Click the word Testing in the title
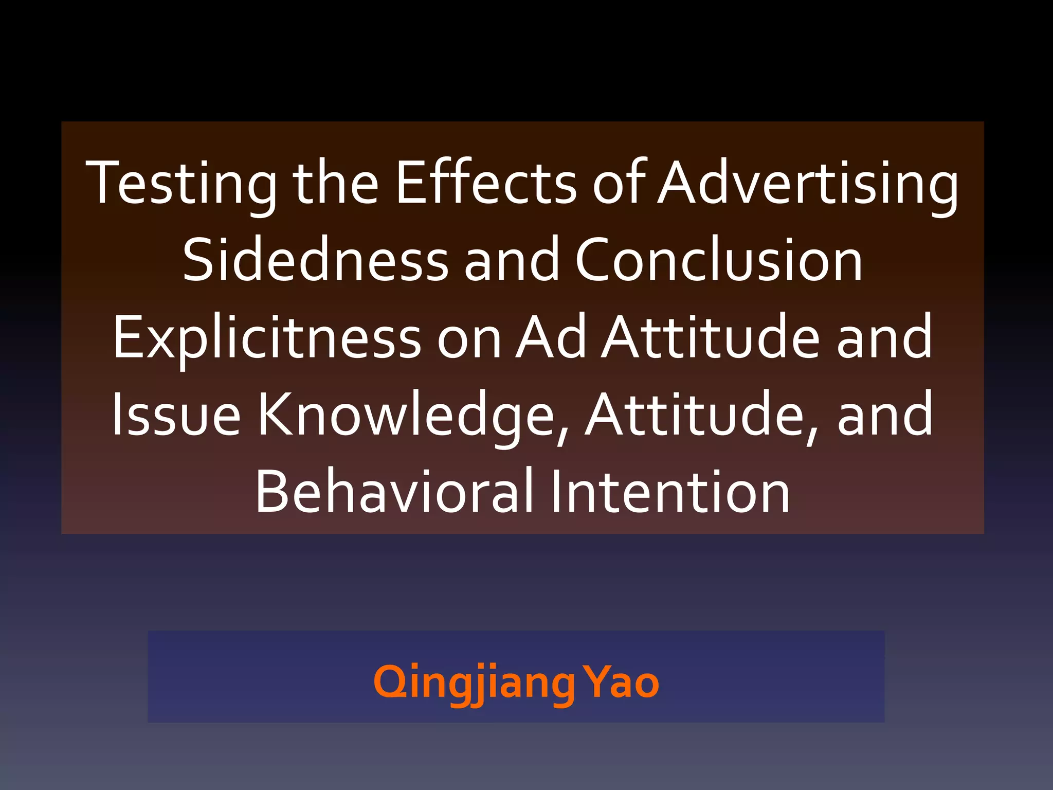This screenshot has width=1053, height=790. click(x=181, y=183)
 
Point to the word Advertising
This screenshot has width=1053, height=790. click(x=808, y=183)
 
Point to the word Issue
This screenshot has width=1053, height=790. click(x=176, y=414)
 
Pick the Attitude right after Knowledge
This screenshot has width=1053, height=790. click(x=694, y=414)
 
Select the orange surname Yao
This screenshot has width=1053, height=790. click(x=623, y=683)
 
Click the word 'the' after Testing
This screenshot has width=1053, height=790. click(x=336, y=183)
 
